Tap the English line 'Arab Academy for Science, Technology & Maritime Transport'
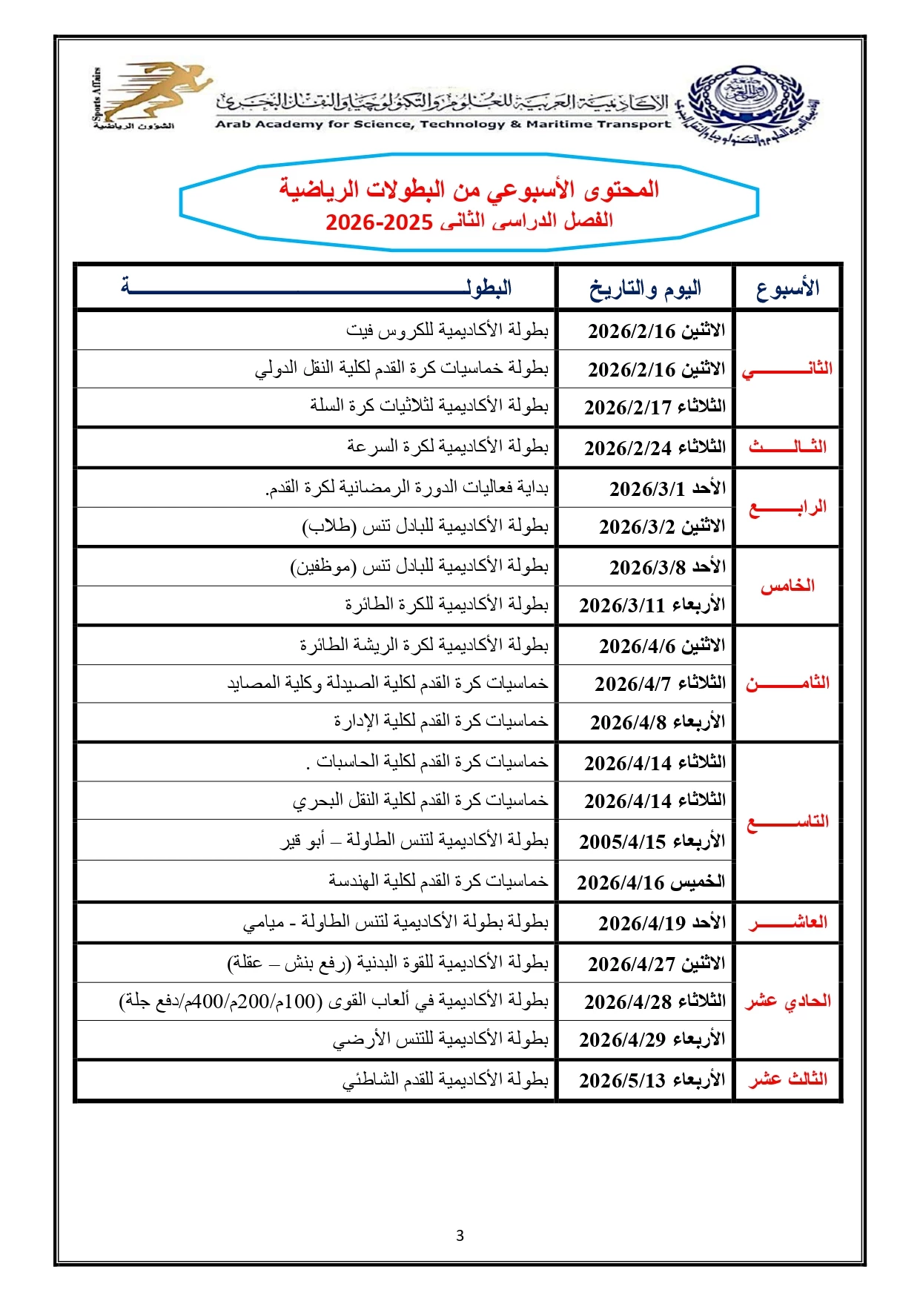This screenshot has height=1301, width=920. tap(443, 125)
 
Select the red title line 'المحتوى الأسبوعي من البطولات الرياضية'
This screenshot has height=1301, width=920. tap(469, 190)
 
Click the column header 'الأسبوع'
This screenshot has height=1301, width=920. tap(787, 288)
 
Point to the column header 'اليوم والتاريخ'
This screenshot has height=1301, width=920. tap(645, 288)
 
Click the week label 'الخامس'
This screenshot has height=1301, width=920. tap(787, 586)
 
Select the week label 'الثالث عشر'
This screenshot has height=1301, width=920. tap(787, 1079)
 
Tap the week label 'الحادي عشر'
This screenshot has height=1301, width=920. tap(787, 1002)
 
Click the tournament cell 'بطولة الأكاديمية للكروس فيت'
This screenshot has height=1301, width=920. tap(448, 330)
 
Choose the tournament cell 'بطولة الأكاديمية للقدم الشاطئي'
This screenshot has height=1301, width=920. tap(446, 1080)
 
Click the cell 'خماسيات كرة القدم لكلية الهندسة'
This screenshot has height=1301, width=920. tap(439, 881)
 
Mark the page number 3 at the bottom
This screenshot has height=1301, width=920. tap(460, 1236)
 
